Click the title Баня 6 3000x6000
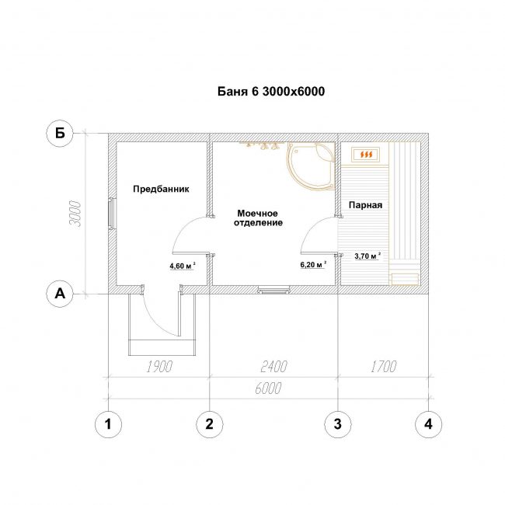271,92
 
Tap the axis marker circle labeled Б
60,133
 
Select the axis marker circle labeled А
60,294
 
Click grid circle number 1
108,424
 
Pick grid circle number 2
209,424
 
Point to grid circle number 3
337,424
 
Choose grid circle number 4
428,424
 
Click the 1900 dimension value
159,367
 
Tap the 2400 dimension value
273,367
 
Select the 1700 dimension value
383,367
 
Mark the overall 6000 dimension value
268,388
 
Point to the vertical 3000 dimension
75,214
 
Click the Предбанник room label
161,189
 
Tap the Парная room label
366,205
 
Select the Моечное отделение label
258,218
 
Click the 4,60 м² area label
183,266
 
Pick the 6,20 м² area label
313,264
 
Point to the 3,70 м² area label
367,256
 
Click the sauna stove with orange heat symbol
366,155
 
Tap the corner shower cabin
311,165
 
